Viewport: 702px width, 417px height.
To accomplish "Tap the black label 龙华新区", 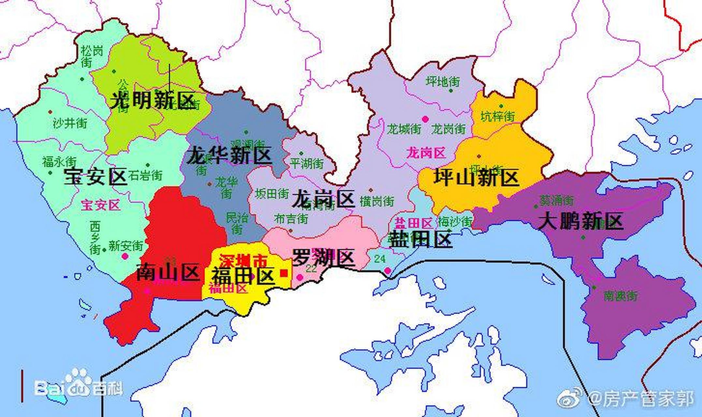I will pos(229,155).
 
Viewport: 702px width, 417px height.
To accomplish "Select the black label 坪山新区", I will pos(476,178).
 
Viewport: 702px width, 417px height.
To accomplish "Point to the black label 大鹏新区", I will pos(580,221).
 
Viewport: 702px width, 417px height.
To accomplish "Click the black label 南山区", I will pos(168,272).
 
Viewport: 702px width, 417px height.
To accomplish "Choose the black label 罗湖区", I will pos(323,258).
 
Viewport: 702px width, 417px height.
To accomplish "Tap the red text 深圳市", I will pos(243,261).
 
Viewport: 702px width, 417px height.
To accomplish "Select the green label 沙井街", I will pos(70,123).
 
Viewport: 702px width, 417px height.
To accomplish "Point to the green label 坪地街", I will pos(443,81).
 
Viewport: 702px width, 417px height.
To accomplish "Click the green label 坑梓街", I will pos(498,116).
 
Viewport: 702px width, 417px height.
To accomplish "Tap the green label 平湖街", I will pos(307,163).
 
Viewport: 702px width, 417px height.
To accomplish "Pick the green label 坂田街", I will pos(272,194).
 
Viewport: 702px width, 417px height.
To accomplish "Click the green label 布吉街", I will pos(291,219).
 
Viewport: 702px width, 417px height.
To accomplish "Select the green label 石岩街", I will pos(145,176).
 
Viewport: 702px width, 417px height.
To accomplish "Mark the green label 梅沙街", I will pos(455,222).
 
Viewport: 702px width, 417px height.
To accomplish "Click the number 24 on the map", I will pos(380,259).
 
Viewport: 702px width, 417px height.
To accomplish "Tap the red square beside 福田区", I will pos(284,273).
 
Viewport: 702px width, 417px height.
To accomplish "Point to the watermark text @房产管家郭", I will pos(640,399).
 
